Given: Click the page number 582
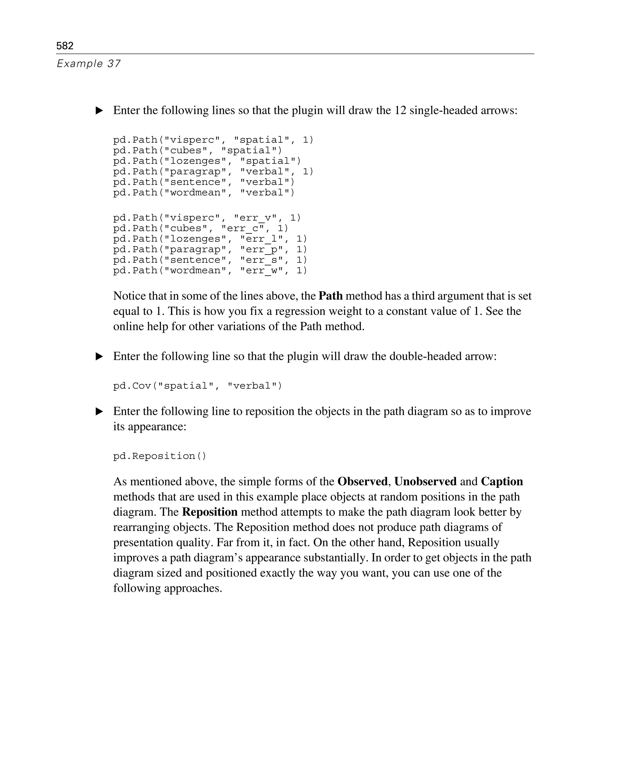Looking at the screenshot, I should point(65,46).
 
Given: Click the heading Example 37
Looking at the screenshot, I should point(89,64).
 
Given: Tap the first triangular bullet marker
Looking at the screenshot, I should point(99,111).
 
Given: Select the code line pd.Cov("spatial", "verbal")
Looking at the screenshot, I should point(198,386).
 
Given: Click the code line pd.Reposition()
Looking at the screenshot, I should point(160,456).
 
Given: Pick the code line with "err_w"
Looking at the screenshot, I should point(210,271).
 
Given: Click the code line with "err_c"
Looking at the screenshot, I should point(201,228).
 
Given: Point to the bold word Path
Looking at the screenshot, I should point(330,296).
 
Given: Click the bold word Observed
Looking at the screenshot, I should point(362,482).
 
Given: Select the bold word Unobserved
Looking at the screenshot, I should point(425,482).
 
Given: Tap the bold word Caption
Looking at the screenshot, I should point(502,482).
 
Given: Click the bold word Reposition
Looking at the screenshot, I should point(210,512).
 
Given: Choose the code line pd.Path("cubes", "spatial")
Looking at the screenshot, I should point(198,151).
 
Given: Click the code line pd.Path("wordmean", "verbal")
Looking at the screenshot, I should point(204,193).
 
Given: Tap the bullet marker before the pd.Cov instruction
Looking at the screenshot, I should point(99,357).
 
